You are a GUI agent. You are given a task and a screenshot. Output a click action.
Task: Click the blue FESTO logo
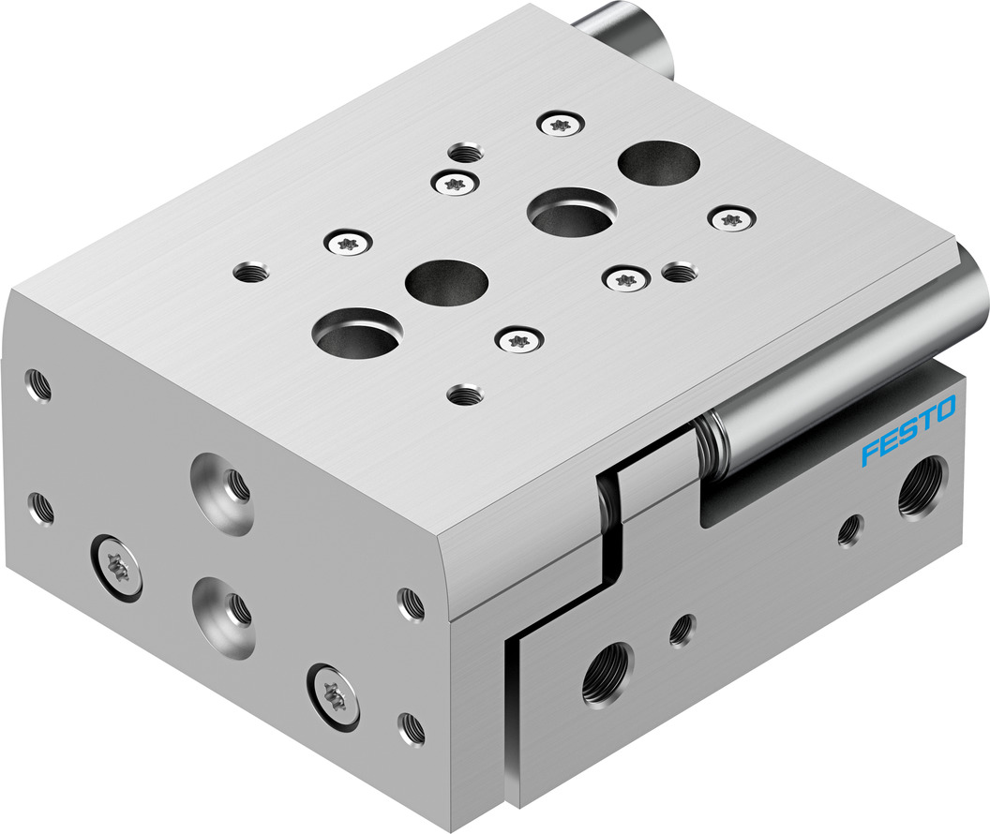coord(908,431)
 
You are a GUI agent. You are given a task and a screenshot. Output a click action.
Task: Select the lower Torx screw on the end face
coord(333,694)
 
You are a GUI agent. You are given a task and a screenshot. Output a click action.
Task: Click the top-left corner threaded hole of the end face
coord(38,384)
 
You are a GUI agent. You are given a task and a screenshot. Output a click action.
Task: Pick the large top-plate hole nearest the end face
coord(357,334)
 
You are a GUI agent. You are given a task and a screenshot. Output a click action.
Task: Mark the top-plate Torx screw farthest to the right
coord(731,220)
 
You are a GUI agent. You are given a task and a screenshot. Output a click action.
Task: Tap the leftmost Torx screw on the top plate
coord(346,244)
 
